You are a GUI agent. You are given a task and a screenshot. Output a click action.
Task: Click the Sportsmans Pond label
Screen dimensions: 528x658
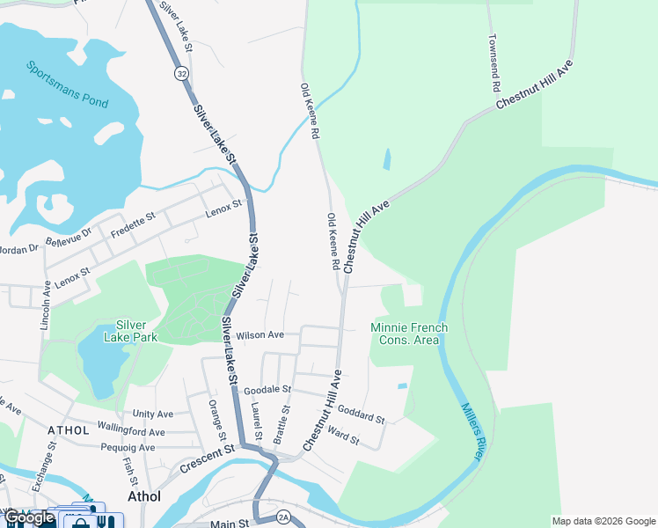(67, 84)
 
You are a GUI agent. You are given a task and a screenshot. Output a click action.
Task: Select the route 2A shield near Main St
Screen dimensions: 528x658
(281, 516)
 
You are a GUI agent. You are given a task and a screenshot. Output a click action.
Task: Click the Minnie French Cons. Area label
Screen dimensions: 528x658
(409, 334)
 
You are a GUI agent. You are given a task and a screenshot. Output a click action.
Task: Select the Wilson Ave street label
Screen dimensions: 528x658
(260, 335)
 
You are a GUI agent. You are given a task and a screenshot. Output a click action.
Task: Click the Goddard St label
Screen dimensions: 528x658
(362, 414)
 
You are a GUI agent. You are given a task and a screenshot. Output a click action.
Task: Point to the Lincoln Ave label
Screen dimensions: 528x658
(45, 304)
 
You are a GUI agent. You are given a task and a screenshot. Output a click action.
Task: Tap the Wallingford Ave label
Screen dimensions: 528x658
(131, 432)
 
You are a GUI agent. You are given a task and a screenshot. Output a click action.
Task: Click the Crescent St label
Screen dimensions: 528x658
(208, 458)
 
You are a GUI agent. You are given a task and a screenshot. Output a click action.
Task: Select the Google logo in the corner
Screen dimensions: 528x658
(29, 517)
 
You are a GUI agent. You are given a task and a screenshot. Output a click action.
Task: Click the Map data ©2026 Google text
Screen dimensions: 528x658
(603, 521)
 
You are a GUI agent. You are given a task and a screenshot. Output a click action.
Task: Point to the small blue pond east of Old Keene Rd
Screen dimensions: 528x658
(387, 159)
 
